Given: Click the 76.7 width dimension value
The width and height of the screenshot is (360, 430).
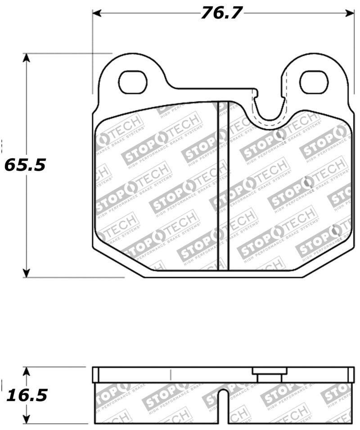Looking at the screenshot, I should [221, 13].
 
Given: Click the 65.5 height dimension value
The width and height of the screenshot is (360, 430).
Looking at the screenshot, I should [25, 165].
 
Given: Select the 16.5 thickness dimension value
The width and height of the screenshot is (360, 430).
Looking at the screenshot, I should [27, 395].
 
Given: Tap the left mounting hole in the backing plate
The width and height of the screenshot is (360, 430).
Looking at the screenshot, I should [133, 82].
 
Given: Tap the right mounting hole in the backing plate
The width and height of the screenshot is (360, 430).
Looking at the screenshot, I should [314, 82].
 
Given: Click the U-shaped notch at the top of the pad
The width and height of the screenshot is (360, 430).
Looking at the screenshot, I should [270, 108].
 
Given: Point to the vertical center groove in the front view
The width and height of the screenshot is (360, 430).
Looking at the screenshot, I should [223, 185].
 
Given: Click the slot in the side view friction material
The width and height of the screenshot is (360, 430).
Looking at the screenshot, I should [223, 405].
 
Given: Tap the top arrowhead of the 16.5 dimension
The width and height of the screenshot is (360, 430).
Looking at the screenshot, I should [27, 372].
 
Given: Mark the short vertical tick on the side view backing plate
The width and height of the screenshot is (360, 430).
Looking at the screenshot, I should [171, 375].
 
